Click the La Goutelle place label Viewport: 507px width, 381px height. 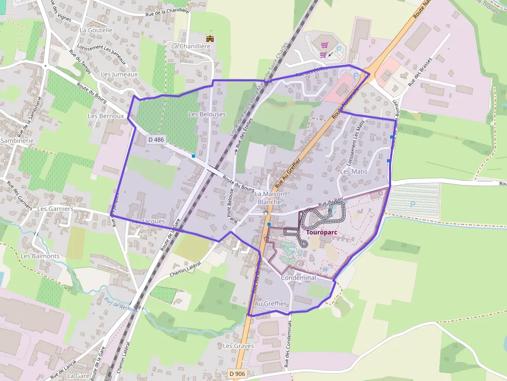click(x=96, y=30)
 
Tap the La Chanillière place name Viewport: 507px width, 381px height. click(x=191, y=46)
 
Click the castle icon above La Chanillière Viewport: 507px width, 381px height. click(x=210, y=38)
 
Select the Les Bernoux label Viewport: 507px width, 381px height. click(x=106, y=116)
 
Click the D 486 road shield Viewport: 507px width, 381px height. click(x=156, y=139)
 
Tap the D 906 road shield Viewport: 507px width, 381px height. click(x=237, y=373)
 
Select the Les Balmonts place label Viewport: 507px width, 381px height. click(x=40, y=256)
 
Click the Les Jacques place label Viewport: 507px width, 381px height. click(x=148, y=221)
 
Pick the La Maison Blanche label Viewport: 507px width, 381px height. click(x=270, y=197)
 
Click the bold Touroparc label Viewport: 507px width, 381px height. click(x=322, y=232)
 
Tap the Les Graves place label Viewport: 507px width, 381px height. click(x=235, y=345)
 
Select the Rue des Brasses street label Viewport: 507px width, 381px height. click(x=420, y=75)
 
